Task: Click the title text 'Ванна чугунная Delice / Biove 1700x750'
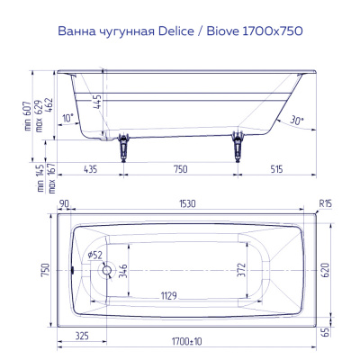[x=179, y=31]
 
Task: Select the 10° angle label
[x=68, y=118]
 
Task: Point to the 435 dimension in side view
[x=90, y=168]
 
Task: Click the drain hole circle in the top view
[x=107, y=268]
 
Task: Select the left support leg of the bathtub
[x=124, y=144]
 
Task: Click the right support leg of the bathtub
[x=238, y=144]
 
